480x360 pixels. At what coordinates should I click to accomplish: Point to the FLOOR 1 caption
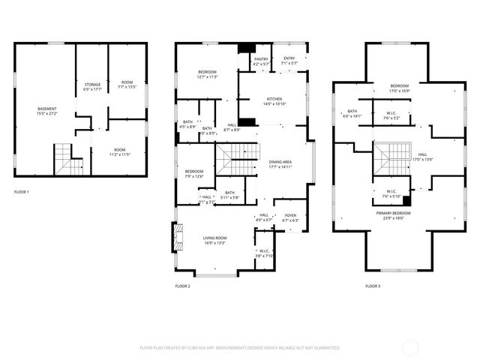22,192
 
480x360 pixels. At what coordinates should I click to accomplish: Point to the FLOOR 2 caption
183,286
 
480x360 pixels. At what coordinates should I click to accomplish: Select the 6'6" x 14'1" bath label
351,113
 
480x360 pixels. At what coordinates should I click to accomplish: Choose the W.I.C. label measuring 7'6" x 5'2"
392,115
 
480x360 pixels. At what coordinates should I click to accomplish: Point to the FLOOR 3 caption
373,286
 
